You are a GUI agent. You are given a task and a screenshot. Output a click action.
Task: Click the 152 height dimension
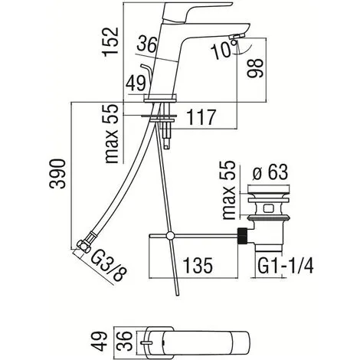point(110,41)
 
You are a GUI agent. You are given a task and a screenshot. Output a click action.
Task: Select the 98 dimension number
point(254,68)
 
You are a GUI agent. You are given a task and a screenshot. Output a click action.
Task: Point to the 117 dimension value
point(201,117)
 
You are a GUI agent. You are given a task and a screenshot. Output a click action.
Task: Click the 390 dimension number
point(57,174)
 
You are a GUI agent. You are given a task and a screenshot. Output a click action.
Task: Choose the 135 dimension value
point(198,265)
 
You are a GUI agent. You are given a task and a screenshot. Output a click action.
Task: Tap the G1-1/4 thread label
point(285,266)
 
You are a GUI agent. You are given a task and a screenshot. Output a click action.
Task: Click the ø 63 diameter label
point(270,172)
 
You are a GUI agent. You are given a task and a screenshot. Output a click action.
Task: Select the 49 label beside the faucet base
point(136,83)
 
